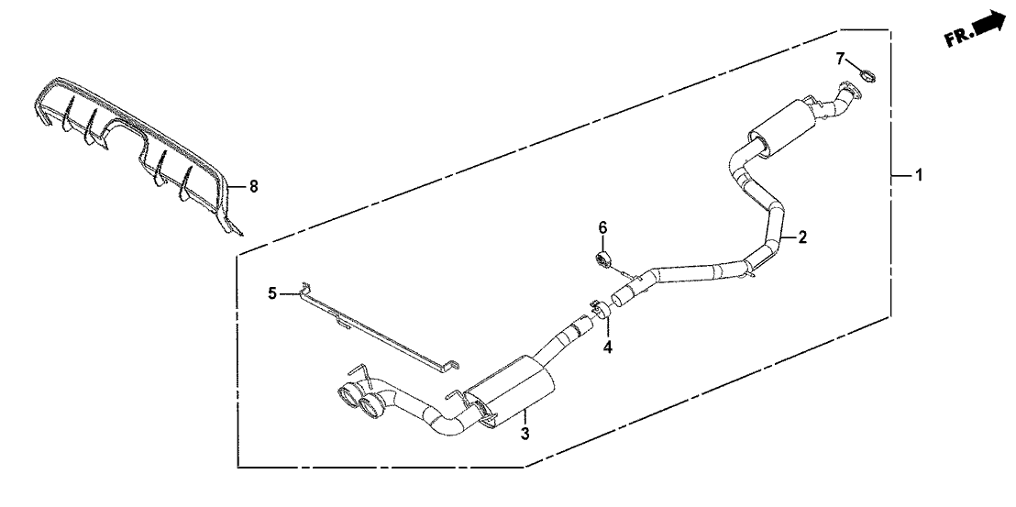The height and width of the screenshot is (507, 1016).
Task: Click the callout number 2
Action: point(801,237)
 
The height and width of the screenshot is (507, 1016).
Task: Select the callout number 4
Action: point(606,347)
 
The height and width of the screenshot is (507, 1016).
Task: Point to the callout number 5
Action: point(271,293)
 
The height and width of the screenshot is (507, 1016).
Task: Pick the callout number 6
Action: point(602,226)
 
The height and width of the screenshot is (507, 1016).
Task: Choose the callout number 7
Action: point(840,59)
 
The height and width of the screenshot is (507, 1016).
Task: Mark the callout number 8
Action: point(254,187)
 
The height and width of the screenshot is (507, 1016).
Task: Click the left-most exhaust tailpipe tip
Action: point(350,397)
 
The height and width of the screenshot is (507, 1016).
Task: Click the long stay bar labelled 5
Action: point(376,330)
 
